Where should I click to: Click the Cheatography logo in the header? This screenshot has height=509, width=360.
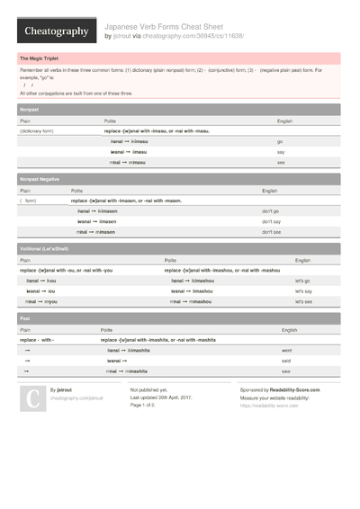click(56, 31)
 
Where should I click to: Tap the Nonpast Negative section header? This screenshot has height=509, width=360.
click(40, 180)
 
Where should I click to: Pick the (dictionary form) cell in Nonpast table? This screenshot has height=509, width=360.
click(40, 131)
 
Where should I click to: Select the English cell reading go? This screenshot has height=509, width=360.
click(281, 141)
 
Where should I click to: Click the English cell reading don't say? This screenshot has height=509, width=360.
click(272, 221)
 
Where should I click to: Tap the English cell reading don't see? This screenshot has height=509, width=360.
click(272, 232)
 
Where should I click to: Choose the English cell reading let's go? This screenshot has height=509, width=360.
click(302, 281)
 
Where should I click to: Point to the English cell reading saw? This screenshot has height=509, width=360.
click(286, 371)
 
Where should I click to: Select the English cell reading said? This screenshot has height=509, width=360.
click(286, 361)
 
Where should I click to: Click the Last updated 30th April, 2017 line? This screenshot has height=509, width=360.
click(161, 397)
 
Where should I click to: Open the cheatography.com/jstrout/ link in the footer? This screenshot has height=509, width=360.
click(76, 397)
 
